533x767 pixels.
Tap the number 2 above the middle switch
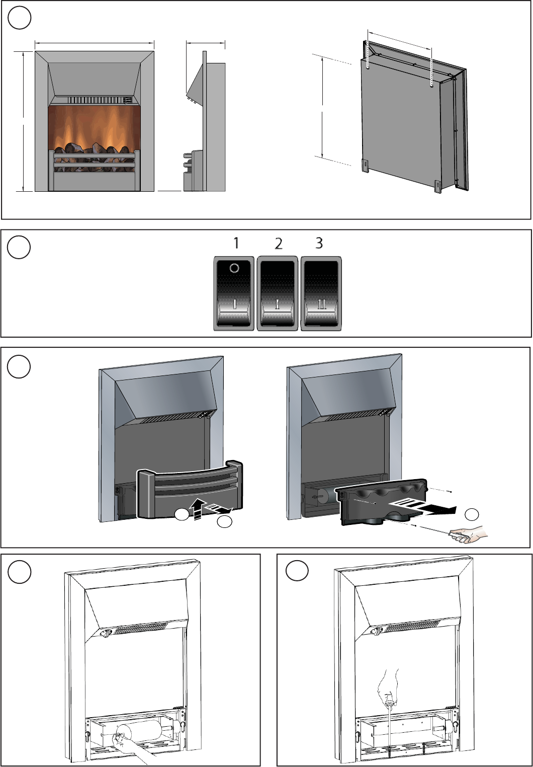pyautogui.click(x=279, y=244)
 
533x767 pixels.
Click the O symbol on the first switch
pyautogui.click(x=234, y=268)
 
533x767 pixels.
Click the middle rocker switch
pyautogui.click(x=277, y=293)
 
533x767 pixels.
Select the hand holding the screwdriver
pyautogui.click(x=469, y=533)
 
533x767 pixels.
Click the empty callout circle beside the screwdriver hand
pyautogui.click(x=472, y=514)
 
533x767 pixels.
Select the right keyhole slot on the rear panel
pyautogui.click(x=432, y=84)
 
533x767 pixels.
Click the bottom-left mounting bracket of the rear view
pyautogui.click(x=366, y=166)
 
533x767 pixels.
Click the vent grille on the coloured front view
pyautogui.click(x=99, y=100)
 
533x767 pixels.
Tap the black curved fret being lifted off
pyautogui.click(x=190, y=489)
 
